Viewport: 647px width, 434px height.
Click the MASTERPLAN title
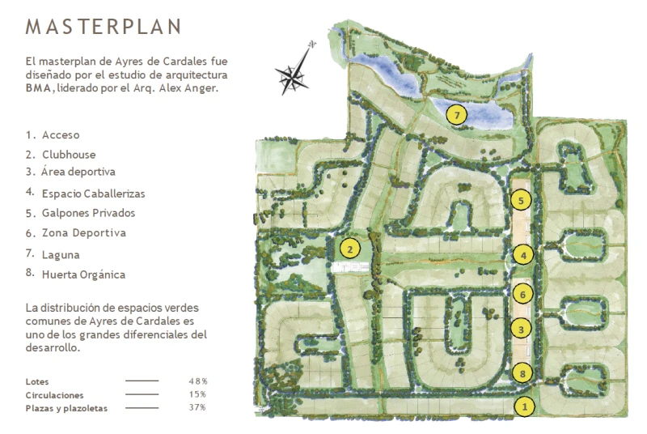104,27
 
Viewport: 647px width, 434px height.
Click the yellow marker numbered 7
457,116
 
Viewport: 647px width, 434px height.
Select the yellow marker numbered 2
349,249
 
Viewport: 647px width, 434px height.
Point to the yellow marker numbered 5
522,199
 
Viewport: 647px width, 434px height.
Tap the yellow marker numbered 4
524,255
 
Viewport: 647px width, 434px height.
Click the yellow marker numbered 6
523,294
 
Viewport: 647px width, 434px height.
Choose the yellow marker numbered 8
523,373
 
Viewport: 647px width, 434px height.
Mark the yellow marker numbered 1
525,406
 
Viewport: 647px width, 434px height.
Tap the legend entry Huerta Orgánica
82,274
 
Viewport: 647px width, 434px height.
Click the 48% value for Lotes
198,381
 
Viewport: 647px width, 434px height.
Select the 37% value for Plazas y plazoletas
197,407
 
